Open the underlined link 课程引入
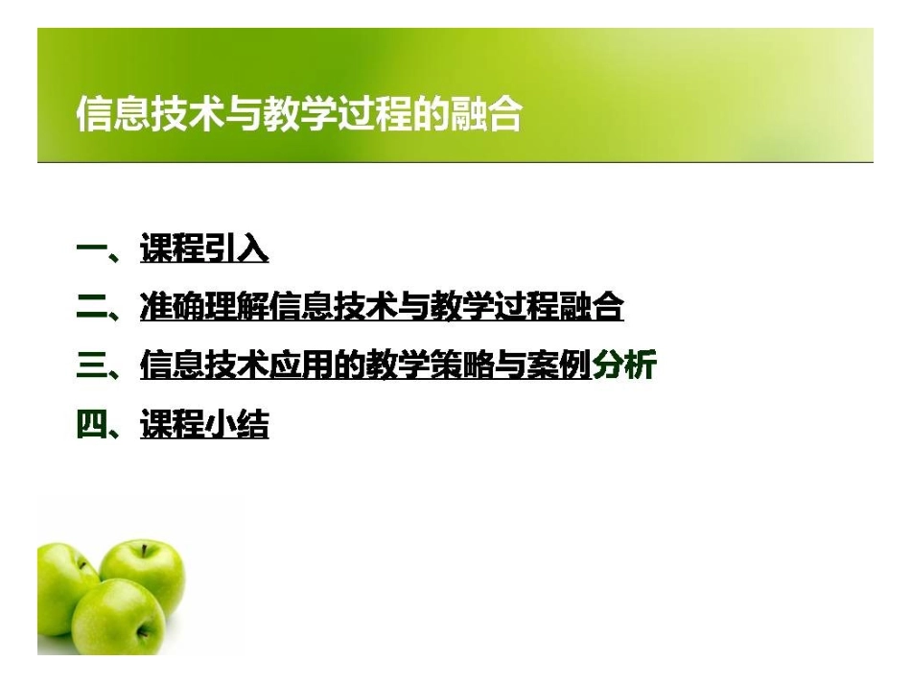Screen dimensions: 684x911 [x=204, y=251]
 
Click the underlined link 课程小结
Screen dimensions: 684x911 [x=204, y=425]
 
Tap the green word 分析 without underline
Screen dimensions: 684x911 [x=623, y=366]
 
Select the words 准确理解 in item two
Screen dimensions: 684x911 [x=203, y=309]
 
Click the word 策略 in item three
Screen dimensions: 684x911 [x=462, y=366]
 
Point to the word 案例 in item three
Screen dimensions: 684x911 [x=559, y=366]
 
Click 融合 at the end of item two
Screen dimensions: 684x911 [x=593, y=309]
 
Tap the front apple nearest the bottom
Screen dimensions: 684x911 [x=120, y=616]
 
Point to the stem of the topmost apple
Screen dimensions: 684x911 [x=144, y=550]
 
